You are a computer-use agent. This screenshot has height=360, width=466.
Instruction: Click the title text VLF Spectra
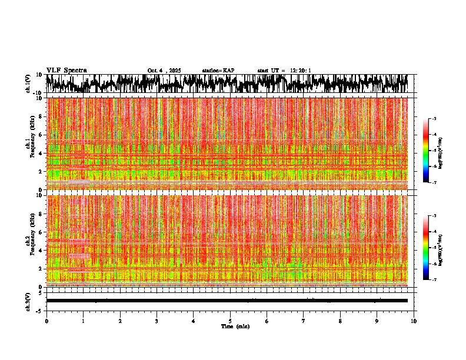point(66,70)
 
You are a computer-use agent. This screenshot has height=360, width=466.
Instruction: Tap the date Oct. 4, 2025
point(164,71)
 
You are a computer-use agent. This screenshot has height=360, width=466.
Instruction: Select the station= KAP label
point(218,71)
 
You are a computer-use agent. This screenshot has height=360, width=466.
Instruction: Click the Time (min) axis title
point(235,326)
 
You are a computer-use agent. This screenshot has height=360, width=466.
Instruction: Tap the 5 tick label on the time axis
point(230,321)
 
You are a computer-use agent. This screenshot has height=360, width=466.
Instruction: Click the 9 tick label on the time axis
point(377,321)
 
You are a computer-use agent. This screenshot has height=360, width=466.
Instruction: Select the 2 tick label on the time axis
point(120,321)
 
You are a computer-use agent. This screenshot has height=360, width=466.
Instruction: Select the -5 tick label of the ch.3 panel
point(39,309)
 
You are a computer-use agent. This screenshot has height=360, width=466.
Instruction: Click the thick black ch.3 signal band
point(227,301)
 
